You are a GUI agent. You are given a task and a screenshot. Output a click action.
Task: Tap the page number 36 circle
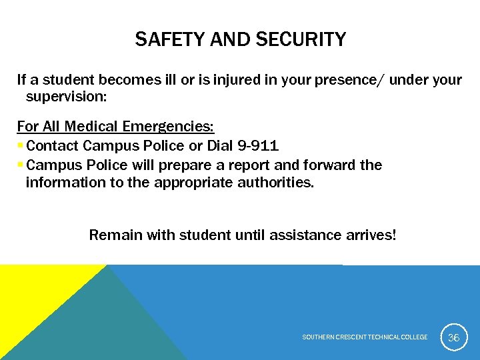pyautogui.click(x=453, y=337)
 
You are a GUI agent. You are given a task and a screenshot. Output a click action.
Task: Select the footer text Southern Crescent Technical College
pyautogui.click(x=365, y=337)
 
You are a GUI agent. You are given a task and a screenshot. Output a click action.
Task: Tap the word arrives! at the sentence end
pyautogui.click(x=371, y=235)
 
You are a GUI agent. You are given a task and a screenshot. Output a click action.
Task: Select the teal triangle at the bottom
pyautogui.click(x=107, y=327)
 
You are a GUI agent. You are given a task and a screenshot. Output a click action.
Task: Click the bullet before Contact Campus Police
pyautogui.click(x=21, y=145)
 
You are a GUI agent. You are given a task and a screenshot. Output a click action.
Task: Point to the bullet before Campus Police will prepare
pyautogui.click(x=21, y=165)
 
